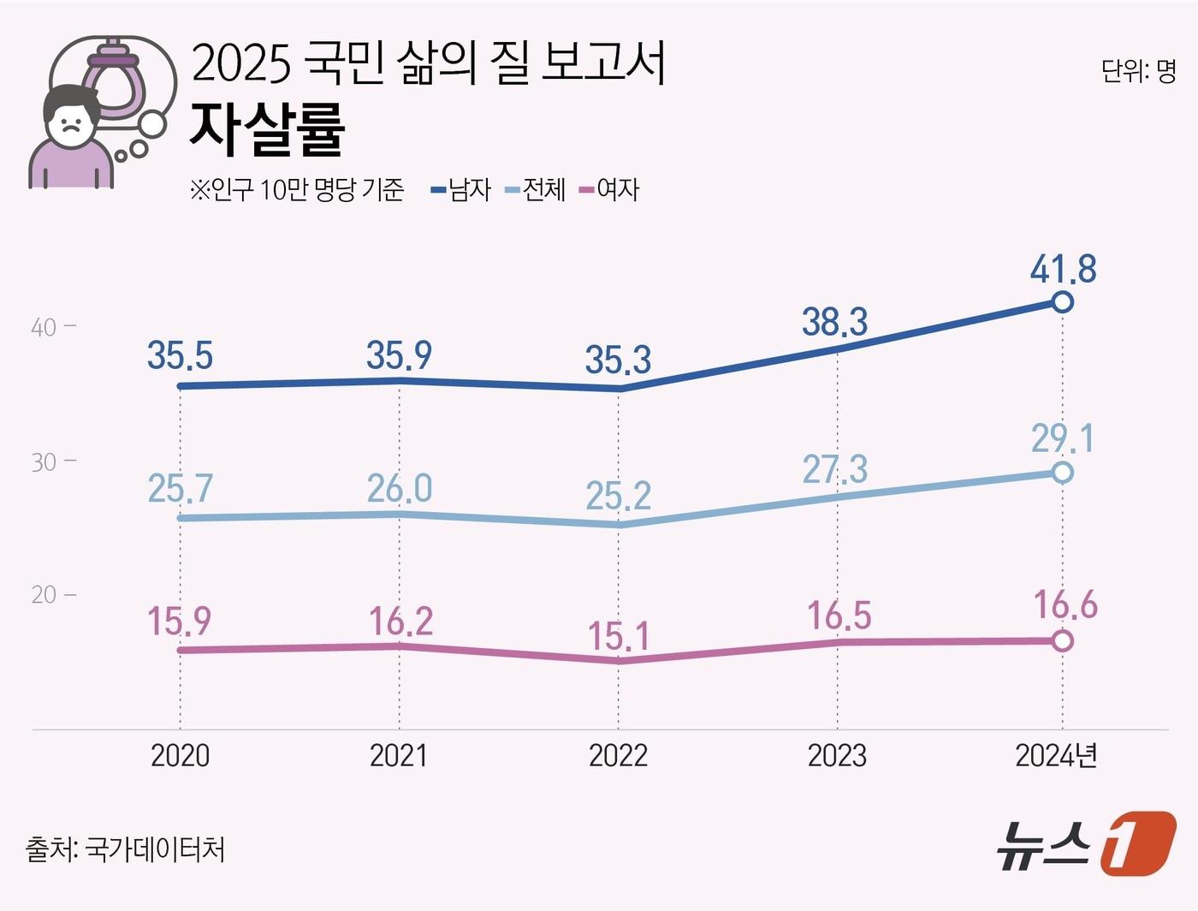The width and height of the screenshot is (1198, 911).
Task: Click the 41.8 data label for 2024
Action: point(1063,269)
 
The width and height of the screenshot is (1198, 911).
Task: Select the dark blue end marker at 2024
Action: point(1062,302)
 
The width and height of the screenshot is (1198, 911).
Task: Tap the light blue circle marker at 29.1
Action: point(1062,473)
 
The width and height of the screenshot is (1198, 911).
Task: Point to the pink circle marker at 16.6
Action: point(1062,640)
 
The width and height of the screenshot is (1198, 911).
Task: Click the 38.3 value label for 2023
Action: point(834,322)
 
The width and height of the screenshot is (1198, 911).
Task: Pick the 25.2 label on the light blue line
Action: point(618,496)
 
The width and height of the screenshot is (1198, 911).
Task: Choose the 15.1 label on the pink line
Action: point(618,636)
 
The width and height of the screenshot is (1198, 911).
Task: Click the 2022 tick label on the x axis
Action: point(618,755)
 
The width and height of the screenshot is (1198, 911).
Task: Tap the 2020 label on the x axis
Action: point(180,755)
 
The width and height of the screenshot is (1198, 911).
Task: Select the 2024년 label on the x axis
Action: point(1056,755)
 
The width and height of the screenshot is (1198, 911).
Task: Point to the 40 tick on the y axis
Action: point(44,327)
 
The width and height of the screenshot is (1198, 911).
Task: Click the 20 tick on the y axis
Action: point(44,595)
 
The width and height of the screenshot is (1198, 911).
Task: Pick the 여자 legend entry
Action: point(610,189)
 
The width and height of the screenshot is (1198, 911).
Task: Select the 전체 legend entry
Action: point(537,189)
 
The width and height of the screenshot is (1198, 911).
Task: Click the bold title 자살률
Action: point(267,129)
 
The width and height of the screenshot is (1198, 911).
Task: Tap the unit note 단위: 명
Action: point(1138,71)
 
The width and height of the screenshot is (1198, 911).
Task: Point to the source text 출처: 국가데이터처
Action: point(125,849)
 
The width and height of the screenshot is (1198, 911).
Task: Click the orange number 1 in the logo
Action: point(1136,843)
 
